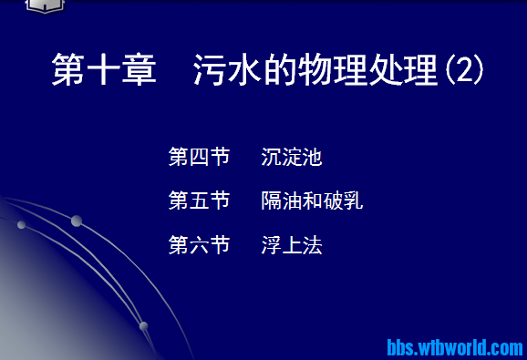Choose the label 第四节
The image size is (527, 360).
pos(199,157)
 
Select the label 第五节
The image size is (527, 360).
pos(199,201)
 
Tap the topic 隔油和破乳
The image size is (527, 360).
pos(312,201)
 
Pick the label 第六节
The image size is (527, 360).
pos(199,244)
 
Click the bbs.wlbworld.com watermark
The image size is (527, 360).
pos(455,347)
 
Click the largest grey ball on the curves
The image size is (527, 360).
pos(77,221)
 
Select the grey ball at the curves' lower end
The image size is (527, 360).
pos(143,325)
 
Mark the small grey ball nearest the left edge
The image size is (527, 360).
pos(20,224)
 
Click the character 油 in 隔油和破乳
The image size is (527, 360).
pos(292,201)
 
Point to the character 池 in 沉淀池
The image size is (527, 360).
pos(313,157)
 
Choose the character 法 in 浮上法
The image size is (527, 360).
pos(313,244)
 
